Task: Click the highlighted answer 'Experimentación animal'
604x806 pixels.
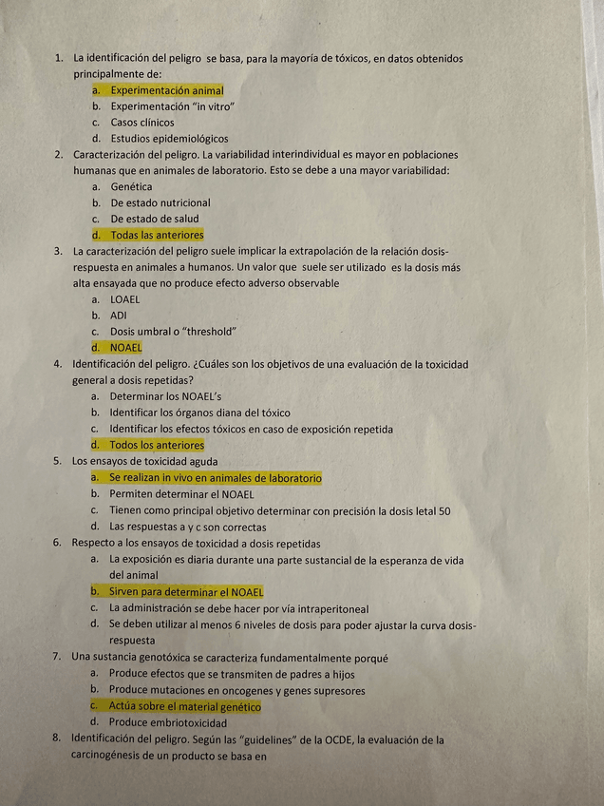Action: (166, 90)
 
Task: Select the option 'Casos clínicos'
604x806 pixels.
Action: (142, 123)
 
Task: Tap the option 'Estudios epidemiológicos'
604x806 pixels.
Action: (169, 139)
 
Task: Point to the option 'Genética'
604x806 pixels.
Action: (131, 186)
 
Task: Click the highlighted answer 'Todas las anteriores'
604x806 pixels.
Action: (157, 235)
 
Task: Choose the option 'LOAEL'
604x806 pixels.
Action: (124, 299)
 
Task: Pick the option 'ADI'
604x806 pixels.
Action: (119, 315)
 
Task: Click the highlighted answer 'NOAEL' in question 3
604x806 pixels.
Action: (125, 348)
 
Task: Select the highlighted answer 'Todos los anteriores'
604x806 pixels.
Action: (157, 445)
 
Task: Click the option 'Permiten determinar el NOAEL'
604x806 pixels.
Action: (181, 494)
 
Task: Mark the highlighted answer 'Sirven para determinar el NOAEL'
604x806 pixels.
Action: (186, 592)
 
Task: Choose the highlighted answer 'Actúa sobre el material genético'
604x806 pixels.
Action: (184, 707)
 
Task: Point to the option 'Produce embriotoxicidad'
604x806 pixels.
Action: (167, 722)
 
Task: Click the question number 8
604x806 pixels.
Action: (57, 739)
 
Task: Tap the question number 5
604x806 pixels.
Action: (57, 461)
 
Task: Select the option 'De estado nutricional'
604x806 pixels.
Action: (160, 202)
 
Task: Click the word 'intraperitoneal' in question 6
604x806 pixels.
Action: (333, 608)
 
